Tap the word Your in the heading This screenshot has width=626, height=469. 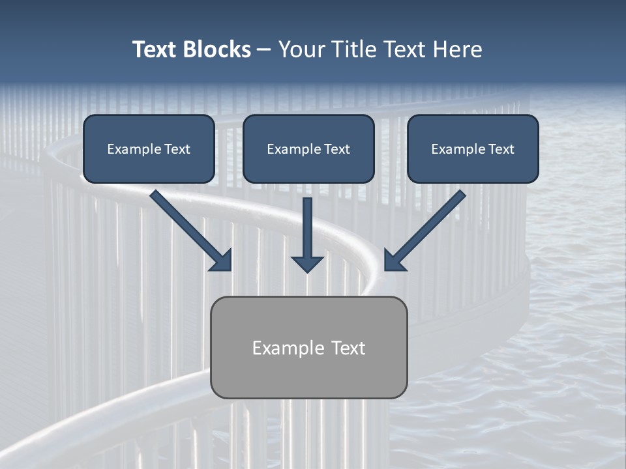(299, 50)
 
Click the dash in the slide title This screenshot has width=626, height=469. (264, 50)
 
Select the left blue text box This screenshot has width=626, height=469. (149, 149)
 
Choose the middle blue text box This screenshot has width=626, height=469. (308, 149)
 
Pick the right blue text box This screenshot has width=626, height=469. (473, 149)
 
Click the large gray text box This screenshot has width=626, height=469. (308, 347)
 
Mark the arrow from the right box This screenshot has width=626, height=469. (427, 228)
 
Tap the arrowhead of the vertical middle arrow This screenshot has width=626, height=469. (307, 263)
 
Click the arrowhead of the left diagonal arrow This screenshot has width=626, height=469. (222, 261)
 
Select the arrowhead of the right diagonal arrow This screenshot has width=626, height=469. (394, 261)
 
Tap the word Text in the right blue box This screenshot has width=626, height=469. (501, 149)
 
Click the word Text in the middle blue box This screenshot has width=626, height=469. (336, 149)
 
